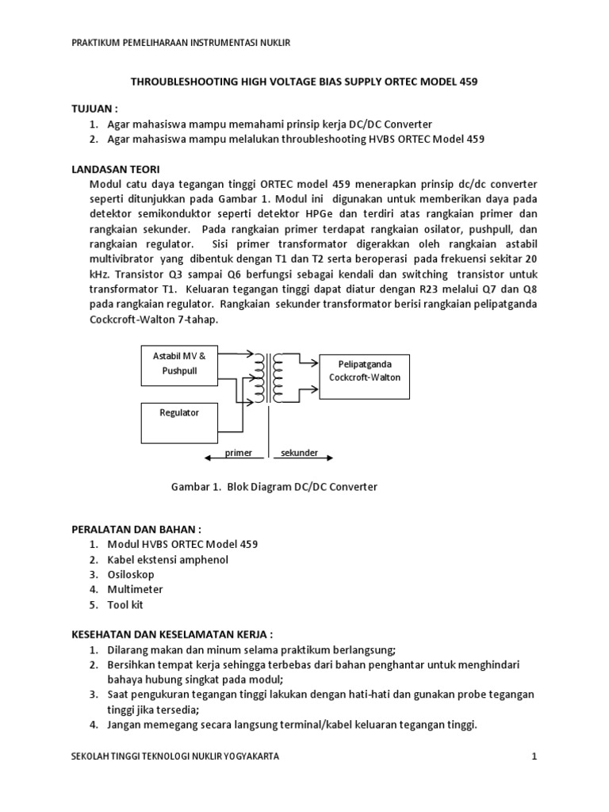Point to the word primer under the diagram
pyautogui.click(x=238, y=453)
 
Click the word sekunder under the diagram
pyautogui.click(x=299, y=453)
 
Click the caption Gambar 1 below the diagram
pyautogui.click(x=274, y=487)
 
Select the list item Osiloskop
pyautogui.click(x=131, y=574)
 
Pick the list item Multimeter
pyautogui.click(x=135, y=589)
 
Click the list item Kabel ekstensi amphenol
pyautogui.click(x=167, y=559)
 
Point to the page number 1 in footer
pyautogui.click(x=535, y=756)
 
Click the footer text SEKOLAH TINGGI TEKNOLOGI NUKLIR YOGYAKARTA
pyautogui.click(x=175, y=756)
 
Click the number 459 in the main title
pyautogui.click(x=467, y=82)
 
